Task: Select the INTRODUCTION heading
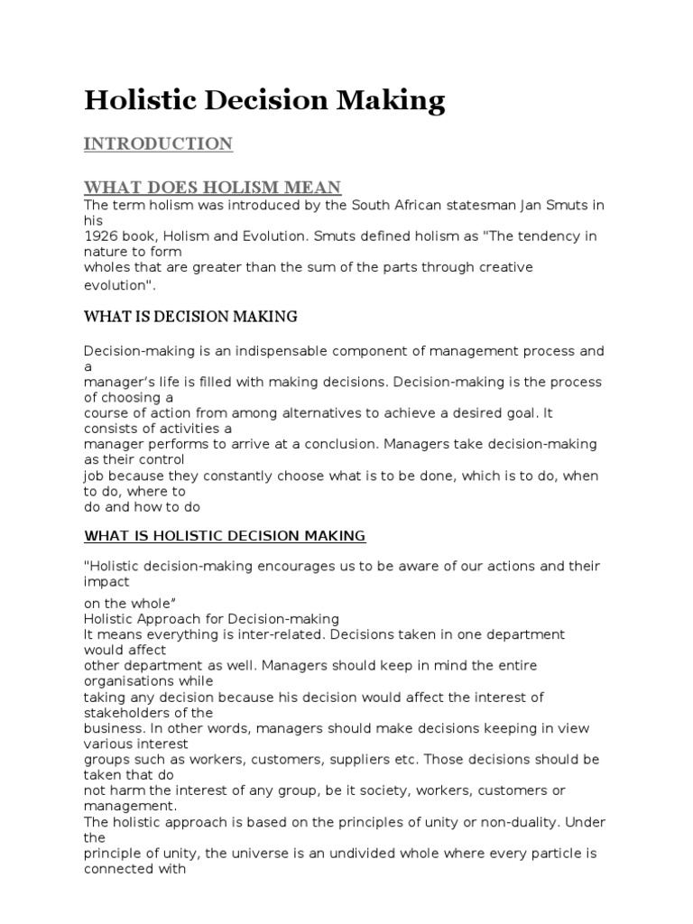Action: pyautogui.click(x=158, y=143)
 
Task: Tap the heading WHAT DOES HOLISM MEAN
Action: pyautogui.click(x=212, y=187)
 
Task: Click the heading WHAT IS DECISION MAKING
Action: pyautogui.click(x=190, y=317)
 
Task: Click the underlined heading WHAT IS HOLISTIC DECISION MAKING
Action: pyautogui.click(x=225, y=536)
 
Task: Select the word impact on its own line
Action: pyautogui.click(x=106, y=582)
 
